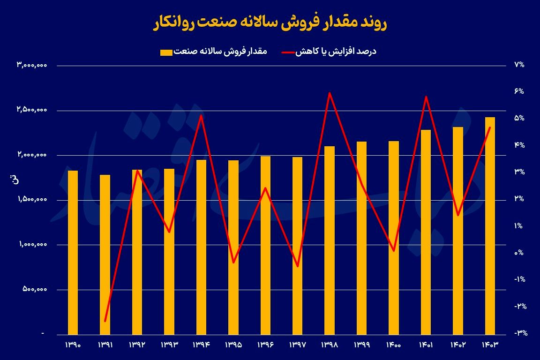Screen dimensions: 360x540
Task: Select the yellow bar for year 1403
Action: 490,225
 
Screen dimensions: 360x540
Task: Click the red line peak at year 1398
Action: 330,93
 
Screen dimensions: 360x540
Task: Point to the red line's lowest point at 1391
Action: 105,321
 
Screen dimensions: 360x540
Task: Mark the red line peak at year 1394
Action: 201,115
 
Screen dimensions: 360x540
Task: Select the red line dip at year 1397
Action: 297,266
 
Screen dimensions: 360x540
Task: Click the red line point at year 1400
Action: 394,251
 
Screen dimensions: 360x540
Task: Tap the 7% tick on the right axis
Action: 519,65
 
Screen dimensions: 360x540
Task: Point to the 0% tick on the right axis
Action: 519,253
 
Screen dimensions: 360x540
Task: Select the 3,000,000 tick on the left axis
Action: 32,66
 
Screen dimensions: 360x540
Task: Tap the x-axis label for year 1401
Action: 426,345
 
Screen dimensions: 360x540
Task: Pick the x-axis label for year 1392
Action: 137,345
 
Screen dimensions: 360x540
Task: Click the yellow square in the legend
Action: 166,52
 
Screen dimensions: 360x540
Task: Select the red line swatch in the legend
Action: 288,52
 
